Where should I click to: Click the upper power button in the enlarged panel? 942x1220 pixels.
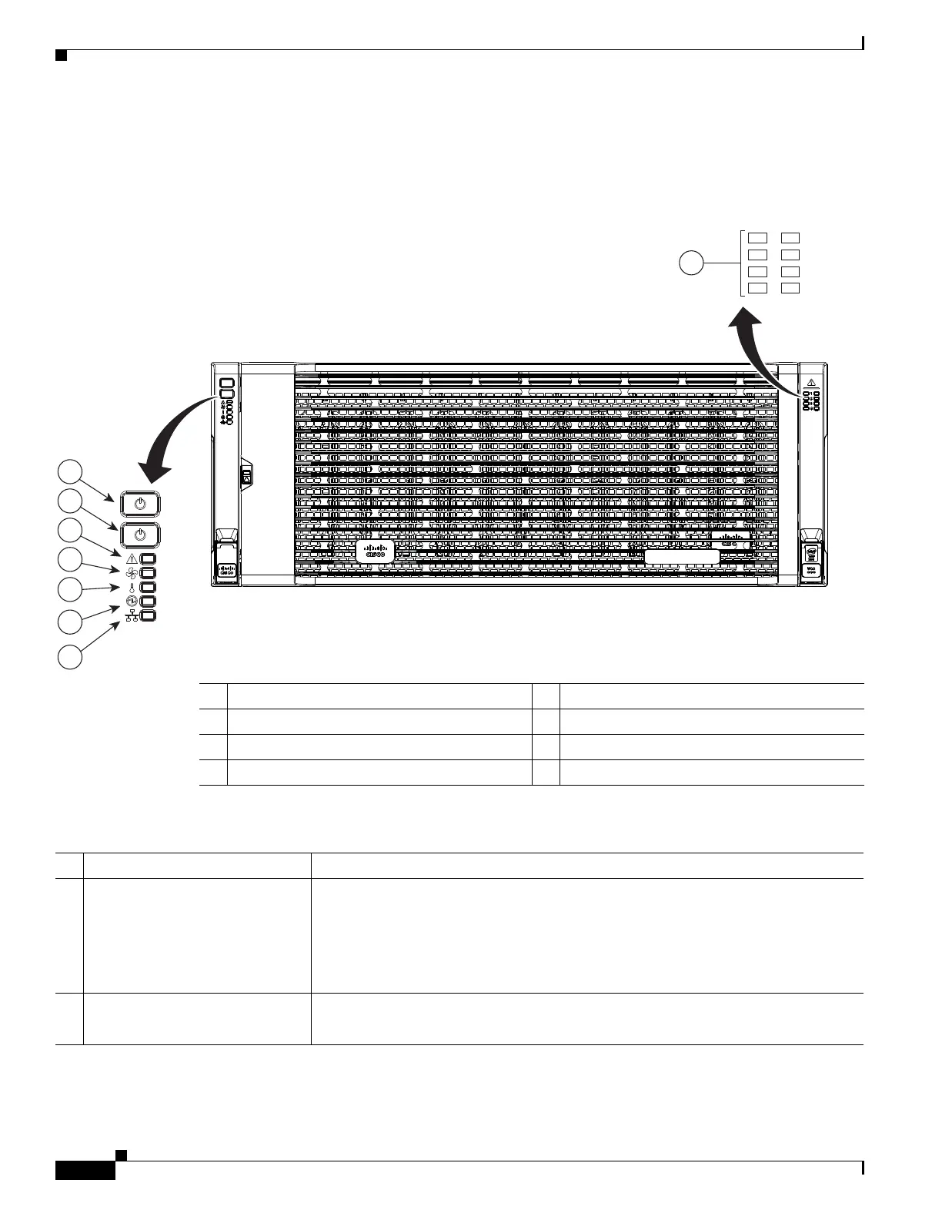(x=139, y=504)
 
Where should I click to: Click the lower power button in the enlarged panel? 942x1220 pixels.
(x=139, y=535)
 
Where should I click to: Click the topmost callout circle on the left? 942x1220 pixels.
(x=71, y=471)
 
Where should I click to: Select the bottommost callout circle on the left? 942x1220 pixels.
(x=71, y=658)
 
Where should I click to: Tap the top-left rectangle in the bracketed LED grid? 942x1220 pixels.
(x=758, y=238)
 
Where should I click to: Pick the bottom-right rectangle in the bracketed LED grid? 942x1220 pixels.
(x=790, y=288)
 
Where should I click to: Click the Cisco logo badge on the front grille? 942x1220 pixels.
(x=375, y=551)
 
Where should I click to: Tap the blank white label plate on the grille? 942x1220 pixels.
(x=681, y=557)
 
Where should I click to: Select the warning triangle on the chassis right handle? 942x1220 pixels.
(x=811, y=382)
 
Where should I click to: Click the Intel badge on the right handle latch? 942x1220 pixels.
(x=811, y=553)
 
